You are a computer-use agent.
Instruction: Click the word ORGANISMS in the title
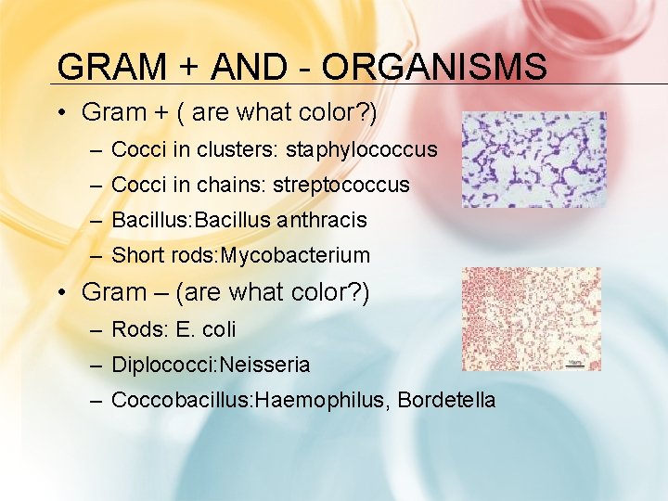pyautogui.click(x=434, y=68)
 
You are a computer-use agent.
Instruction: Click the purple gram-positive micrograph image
pyautogui.click(x=533, y=160)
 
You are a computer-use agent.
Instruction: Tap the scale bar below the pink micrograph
pyautogui.click(x=574, y=364)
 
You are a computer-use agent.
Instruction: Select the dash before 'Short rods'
pyautogui.click(x=96, y=255)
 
